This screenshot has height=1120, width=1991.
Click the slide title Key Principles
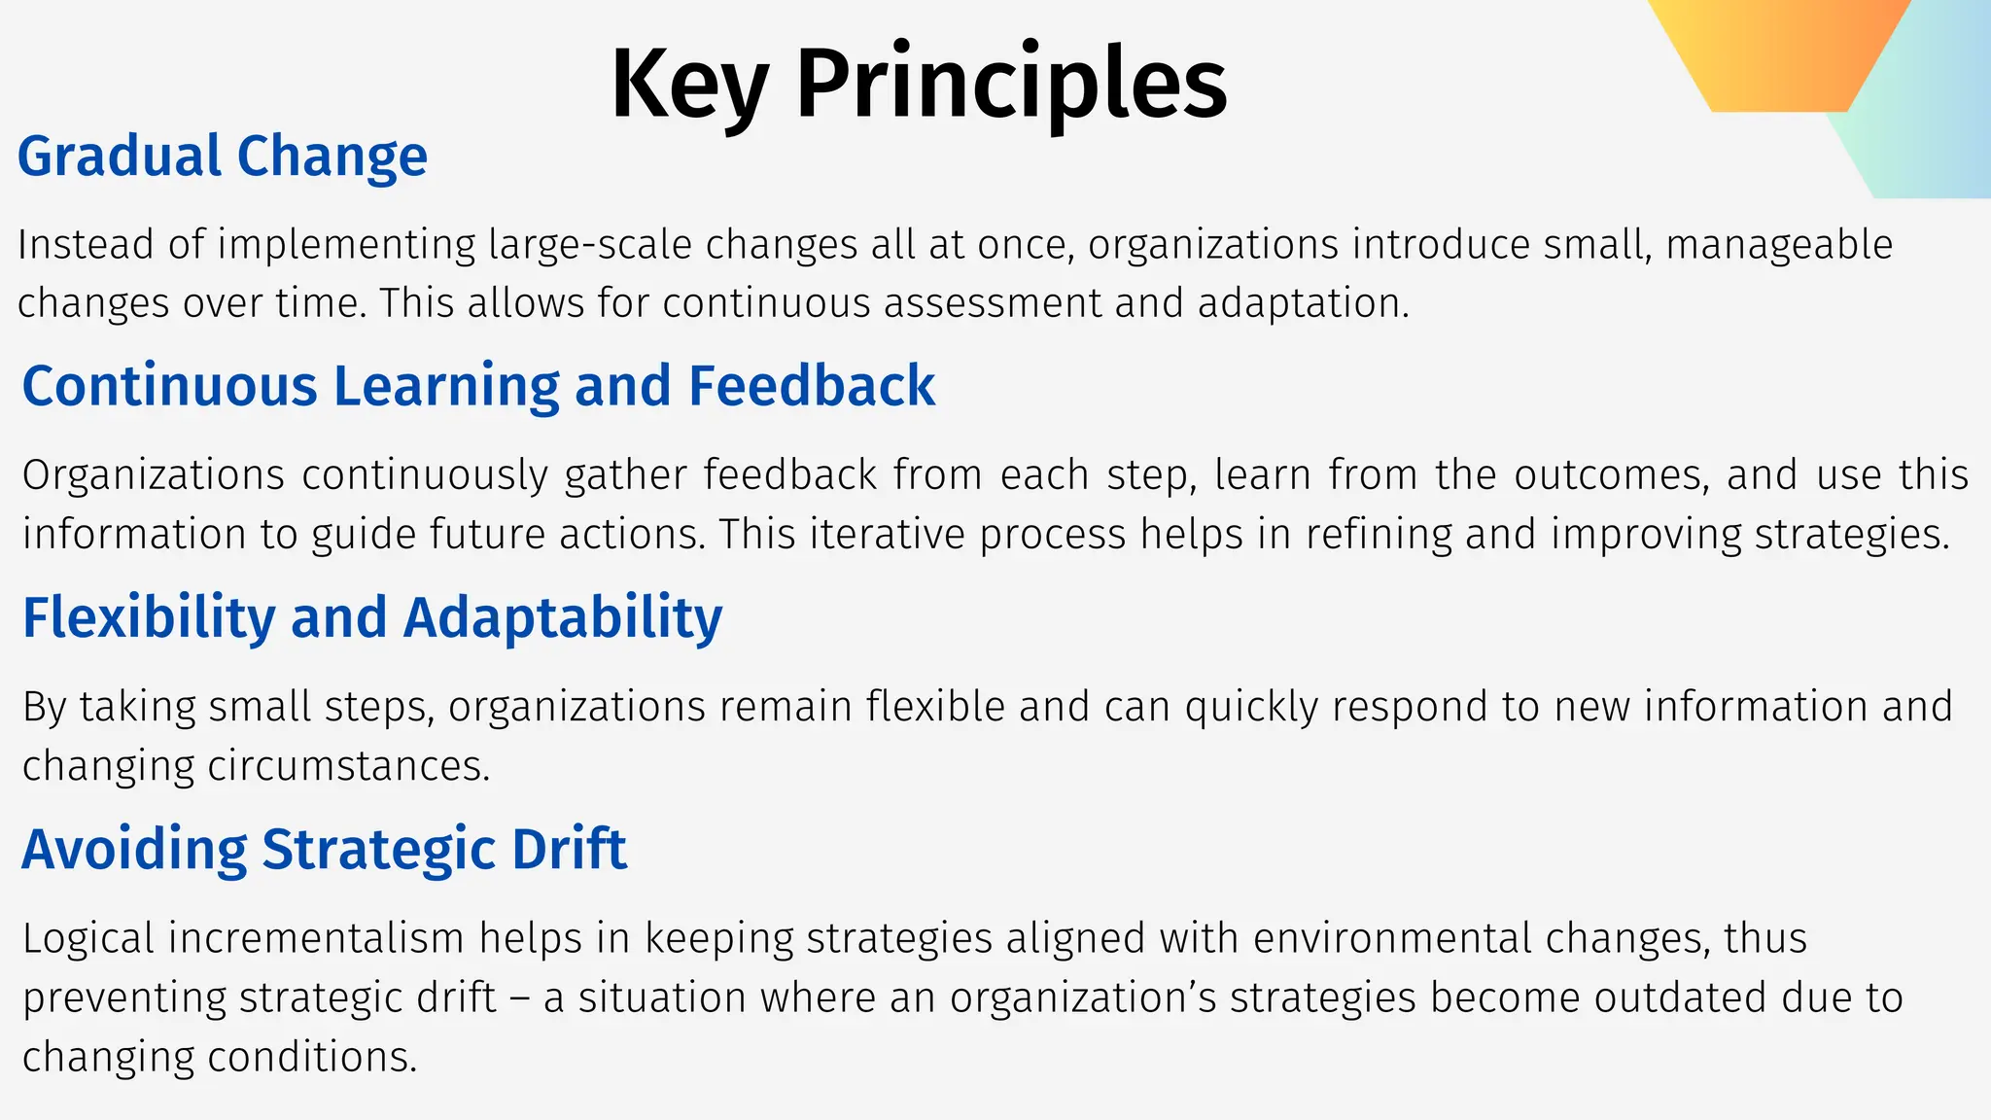(x=918, y=84)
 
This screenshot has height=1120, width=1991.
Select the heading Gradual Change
(x=223, y=157)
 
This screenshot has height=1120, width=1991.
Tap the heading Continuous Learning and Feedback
(x=477, y=385)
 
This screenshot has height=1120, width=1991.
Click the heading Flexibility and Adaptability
(x=372, y=617)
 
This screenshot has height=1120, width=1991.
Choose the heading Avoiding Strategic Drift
(x=324, y=849)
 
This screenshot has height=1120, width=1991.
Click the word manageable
(x=1779, y=245)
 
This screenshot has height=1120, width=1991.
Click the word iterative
(x=888, y=535)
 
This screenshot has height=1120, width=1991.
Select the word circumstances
(x=348, y=766)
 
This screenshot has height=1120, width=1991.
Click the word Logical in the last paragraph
(x=88, y=939)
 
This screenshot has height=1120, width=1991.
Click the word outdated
(x=1680, y=998)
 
